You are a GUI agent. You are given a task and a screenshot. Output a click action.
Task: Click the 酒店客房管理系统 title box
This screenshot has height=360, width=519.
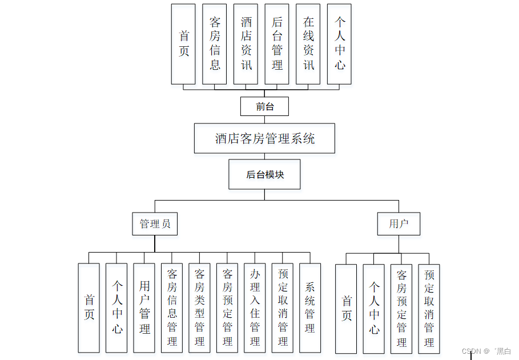click(x=264, y=138)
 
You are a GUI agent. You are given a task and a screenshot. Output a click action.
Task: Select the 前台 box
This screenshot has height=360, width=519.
click(x=264, y=106)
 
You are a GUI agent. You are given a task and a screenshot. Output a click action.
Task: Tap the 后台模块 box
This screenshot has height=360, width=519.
click(x=264, y=174)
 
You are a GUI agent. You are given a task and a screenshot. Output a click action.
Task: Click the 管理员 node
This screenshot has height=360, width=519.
click(x=155, y=223)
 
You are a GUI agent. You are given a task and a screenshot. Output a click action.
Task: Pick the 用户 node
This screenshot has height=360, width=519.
click(x=399, y=223)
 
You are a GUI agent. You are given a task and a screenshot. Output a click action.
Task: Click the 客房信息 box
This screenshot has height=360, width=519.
click(x=215, y=44)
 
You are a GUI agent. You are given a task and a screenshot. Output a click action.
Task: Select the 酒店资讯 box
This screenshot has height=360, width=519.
click(x=246, y=44)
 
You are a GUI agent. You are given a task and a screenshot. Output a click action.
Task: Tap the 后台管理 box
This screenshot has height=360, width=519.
click(x=277, y=44)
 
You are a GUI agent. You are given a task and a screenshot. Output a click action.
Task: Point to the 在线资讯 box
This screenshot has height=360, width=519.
click(x=308, y=44)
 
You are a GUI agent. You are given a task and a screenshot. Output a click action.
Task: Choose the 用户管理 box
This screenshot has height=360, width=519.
click(x=144, y=307)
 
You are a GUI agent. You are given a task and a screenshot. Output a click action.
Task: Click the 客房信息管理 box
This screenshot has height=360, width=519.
click(x=172, y=307)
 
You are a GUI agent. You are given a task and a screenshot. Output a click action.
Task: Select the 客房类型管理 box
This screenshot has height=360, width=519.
click(x=200, y=307)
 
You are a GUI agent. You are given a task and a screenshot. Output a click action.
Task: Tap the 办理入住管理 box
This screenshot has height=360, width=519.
click(x=255, y=307)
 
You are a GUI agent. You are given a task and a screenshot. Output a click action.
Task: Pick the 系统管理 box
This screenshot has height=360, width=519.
click(x=310, y=307)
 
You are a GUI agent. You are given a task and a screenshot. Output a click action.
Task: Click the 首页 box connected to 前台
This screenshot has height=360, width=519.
click(x=183, y=44)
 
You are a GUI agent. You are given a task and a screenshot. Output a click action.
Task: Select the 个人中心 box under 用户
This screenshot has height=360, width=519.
click(x=374, y=308)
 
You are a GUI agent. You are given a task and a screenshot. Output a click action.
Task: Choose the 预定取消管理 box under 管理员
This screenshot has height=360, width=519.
click(x=283, y=307)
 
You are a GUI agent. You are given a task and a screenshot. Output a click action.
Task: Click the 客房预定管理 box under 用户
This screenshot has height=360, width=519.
click(x=401, y=308)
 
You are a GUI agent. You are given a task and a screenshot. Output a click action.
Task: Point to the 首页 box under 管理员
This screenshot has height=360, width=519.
click(x=89, y=307)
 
